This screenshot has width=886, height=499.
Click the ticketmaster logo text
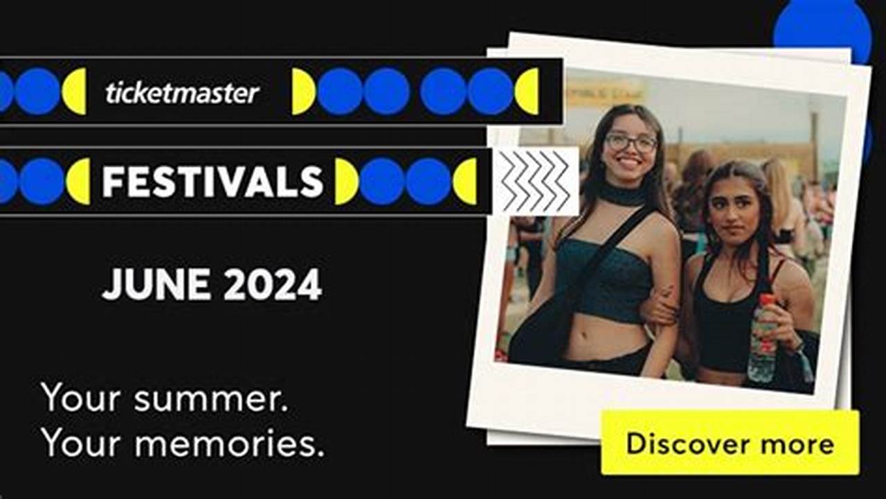point(182,93)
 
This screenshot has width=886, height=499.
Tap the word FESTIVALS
point(213,182)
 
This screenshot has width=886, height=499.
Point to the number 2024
point(273,284)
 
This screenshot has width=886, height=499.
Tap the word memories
point(229,443)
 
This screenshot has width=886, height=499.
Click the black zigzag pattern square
point(535,181)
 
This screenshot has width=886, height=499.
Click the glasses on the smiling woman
point(631,143)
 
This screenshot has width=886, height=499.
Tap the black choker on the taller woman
point(623,195)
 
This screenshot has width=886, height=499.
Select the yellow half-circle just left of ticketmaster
point(75,91)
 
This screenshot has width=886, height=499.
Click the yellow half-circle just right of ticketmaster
point(302,91)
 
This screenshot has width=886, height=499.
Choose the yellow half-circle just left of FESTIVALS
point(80,182)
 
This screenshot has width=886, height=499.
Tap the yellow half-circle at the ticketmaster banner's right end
point(528,91)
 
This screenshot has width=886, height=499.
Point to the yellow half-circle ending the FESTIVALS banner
point(466,182)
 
